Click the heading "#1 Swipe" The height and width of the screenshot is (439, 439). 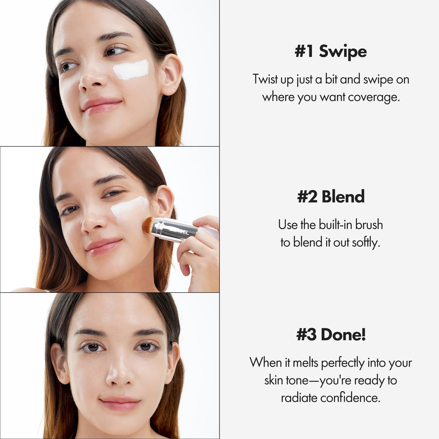[330, 52]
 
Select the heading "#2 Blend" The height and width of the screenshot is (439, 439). [331, 197]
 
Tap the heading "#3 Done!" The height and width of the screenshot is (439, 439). [331, 335]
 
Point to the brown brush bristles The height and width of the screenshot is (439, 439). [148, 225]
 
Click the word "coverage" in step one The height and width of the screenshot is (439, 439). [373, 97]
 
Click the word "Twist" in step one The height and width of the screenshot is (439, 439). [266, 79]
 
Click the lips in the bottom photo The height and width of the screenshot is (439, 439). [119, 403]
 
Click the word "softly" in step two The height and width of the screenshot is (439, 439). [365, 242]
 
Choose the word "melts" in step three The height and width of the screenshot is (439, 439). [304, 363]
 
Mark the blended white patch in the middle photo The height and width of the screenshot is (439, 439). [130, 208]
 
